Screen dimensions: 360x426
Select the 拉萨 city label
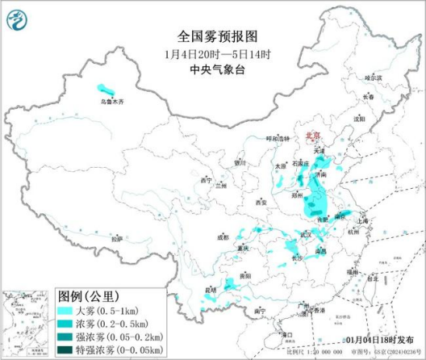pos(117,238)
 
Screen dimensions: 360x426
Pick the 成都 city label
pos(223,237)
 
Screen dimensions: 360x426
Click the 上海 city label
pos(362,220)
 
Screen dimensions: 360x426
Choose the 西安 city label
pos(261,202)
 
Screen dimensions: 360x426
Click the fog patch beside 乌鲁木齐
pos(105,88)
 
